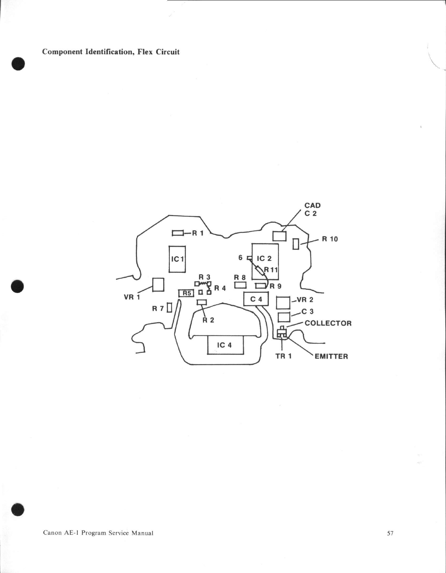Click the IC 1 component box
point(177,259)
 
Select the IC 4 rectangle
point(225,345)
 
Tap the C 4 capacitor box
point(256,299)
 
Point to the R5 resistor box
point(186,293)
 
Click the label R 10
point(330,239)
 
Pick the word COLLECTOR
point(328,323)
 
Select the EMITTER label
point(331,356)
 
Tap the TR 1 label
point(283,356)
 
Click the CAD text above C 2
point(312,206)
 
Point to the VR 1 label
point(132,297)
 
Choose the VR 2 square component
point(283,303)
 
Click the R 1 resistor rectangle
point(178,233)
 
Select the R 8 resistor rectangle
point(240,285)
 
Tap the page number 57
point(390,533)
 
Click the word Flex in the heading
point(145,52)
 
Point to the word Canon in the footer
point(52,533)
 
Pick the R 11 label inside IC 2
point(271,270)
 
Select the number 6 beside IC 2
point(240,258)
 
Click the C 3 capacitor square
point(284,317)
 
